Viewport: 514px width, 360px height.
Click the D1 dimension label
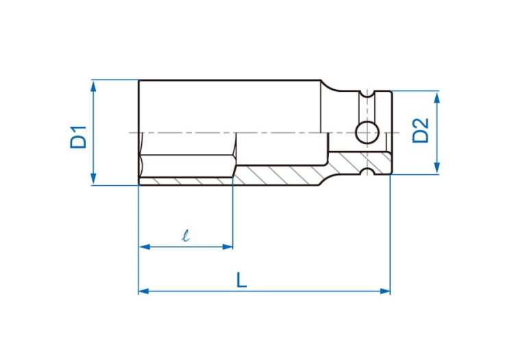[78, 137]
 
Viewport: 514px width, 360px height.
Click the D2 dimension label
[420, 130]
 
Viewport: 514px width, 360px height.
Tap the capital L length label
[242, 280]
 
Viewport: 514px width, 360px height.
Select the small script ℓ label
[186, 235]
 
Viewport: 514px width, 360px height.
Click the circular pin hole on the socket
[367, 132]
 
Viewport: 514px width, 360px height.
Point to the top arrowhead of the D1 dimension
[93, 86]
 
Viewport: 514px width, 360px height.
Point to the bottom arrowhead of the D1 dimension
[93, 179]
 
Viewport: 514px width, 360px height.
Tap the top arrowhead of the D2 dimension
[437, 97]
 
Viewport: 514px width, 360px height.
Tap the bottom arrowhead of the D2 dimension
[437, 168]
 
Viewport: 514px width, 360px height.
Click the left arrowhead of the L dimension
[144, 291]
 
